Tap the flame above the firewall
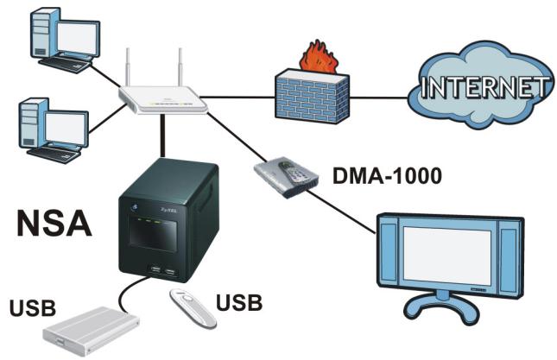tap(319, 58)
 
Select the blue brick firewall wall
tap(312, 97)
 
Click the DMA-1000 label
tap(387, 175)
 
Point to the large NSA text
tap(54, 223)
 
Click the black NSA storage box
tap(168, 220)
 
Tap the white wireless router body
tap(163, 100)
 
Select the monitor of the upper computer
tap(78, 38)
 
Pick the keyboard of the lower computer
tap(54, 155)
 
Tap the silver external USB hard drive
tap(91, 332)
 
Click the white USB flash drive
tap(193, 308)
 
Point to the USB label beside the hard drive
tap(33, 308)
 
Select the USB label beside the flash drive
tap(239, 302)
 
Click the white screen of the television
tap(446, 255)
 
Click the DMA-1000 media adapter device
tap(287, 176)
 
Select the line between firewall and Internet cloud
tap(379, 97)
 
